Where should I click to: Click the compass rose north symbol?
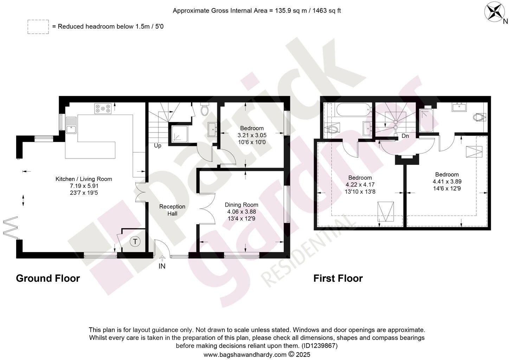pyautogui.click(x=495, y=12)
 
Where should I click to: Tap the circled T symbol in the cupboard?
pyautogui.click(x=135, y=242)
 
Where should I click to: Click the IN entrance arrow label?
pyautogui.click(x=162, y=266)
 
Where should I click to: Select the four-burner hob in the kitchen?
pyautogui.click(x=103, y=108)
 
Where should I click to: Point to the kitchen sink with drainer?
pyautogui.click(x=71, y=126)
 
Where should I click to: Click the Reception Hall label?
pyautogui.click(x=172, y=210)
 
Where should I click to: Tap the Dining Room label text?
pyautogui.click(x=241, y=205)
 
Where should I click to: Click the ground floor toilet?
pyautogui.click(x=204, y=110)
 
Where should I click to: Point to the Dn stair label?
pyautogui.click(x=405, y=136)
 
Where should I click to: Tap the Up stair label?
pyautogui.click(x=157, y=145)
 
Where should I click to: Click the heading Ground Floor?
pyautogui.click(x=48, y=278)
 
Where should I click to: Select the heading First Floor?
pyautogui.click(x=338, y=278)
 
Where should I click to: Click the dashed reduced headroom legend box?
pyautogui.click(x=38, y=27)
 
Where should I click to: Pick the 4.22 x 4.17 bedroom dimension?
pyautogui.click(x=360, y=185)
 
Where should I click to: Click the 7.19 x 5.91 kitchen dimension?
pyautogui.click(x=84, y=186)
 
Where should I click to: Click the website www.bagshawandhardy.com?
pyautogui.click(x=245, y=355)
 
